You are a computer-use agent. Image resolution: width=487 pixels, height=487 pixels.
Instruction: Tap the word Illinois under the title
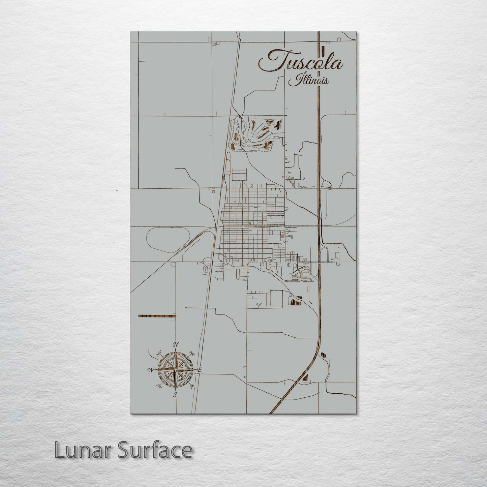click(308, 80)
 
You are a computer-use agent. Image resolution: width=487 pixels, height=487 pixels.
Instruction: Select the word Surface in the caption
click(155, 450)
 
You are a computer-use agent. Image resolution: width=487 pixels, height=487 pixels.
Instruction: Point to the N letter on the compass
click(175, 344)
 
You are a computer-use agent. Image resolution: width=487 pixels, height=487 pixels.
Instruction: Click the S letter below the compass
click(175, 395)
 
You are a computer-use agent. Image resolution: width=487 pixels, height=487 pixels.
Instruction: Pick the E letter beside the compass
click(199, 370)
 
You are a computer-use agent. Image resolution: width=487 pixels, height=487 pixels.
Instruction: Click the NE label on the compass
click(192, 354)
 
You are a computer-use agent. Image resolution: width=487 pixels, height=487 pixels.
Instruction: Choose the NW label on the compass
click(159, 354)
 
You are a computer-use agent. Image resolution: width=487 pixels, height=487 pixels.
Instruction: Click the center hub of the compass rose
click(175, 369)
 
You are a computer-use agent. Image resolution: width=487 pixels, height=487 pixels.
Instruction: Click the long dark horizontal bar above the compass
click(157, 316)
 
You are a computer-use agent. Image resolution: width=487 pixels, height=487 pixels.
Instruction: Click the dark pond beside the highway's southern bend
click(323, 355)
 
